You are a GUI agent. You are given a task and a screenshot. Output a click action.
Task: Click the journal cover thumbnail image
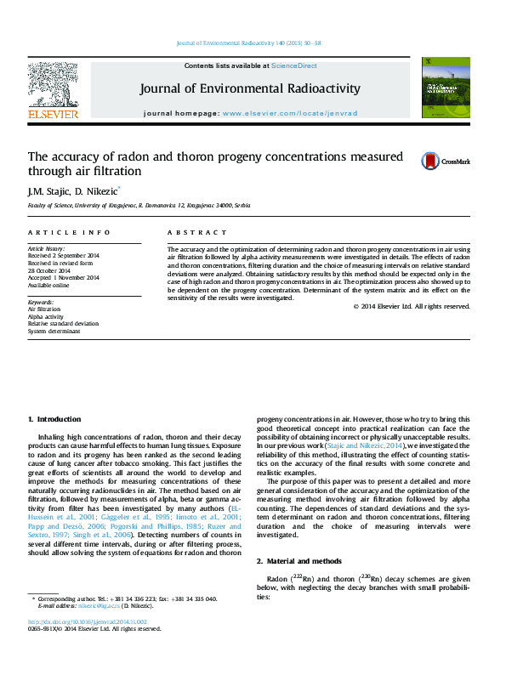click(x=446, y=88)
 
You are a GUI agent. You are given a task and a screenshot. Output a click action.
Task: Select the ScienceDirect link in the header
click(x=294, y=65)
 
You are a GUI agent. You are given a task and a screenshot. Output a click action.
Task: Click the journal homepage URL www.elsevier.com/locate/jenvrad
click(x=290, y=113)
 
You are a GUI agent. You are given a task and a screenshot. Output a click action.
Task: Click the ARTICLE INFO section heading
click(x=69, y=232)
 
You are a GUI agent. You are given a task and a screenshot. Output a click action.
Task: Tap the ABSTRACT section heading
click(x=197, y=232)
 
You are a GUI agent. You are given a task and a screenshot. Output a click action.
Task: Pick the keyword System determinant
click(x=54, y=331)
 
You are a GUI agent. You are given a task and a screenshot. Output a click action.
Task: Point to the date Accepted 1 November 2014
click(x=64, y=277)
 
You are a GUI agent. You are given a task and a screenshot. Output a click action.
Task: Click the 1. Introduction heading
click(x=54, y=419)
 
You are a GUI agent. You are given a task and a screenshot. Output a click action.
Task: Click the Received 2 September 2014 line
click(x=64, y=256)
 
